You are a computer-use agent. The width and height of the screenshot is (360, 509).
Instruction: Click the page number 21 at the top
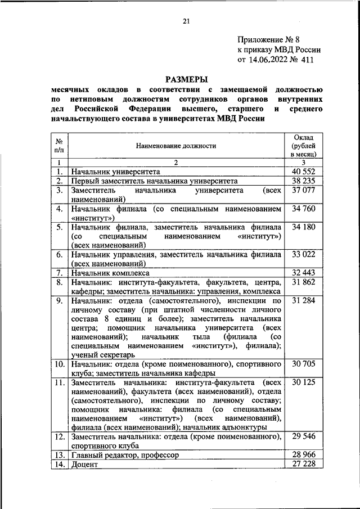(186, 21)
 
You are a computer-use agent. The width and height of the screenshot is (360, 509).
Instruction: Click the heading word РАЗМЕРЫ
(186, 79)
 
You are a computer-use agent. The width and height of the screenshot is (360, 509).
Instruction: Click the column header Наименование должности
(175, 146)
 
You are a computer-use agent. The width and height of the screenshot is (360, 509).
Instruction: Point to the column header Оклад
(304, 137)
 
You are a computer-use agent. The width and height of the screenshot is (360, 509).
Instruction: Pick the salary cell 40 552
(304, 172)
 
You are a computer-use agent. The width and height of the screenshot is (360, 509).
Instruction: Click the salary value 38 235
(304, 181)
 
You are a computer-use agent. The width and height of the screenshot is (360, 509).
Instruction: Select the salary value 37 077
(304, 191)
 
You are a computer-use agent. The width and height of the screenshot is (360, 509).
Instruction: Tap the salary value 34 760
(304, 209)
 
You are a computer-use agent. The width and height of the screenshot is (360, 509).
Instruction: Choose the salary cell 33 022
(304, 254)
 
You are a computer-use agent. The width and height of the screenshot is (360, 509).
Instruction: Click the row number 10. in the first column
(58, 364)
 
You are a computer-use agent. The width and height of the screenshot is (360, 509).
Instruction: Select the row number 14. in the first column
(58, 464)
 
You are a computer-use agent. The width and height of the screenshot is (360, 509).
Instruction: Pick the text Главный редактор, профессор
(125, 454)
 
